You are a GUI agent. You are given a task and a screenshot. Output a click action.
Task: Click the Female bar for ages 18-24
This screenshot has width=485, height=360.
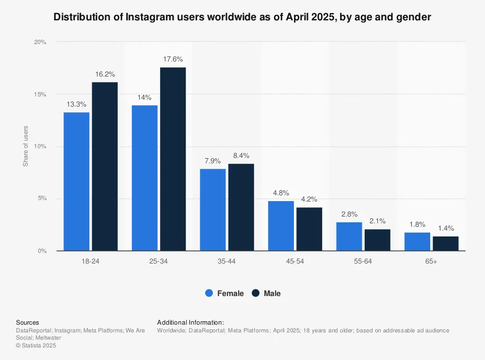click(77, 182)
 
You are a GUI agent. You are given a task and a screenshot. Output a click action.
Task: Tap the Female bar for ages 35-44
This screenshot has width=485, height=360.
click(213, 210)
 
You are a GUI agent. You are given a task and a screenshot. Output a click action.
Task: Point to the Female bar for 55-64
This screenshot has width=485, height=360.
click(349, 236)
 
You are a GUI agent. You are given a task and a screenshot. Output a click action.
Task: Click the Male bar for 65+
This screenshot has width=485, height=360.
click(445, 244)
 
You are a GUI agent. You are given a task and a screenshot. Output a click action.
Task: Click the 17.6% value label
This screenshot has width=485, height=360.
click(173, 60)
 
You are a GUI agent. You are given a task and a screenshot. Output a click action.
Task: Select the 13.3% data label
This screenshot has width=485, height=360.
click(77, 104)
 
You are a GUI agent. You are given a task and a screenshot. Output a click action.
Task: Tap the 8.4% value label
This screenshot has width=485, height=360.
click(241, 156)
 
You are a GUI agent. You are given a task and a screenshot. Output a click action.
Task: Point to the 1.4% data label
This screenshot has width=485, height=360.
click(445, 228)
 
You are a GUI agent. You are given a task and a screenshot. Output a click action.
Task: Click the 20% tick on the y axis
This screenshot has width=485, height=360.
click(40, 42)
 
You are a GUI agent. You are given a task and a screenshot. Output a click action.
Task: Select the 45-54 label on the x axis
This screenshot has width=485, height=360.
click(295, 261)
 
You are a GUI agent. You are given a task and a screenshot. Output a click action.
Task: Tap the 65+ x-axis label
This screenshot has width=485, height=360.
click(431, 261)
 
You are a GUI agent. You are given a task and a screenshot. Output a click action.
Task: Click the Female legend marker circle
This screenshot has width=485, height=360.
click(209, 293)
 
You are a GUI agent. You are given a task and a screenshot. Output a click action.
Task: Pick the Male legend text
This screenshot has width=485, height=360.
click(272, 293)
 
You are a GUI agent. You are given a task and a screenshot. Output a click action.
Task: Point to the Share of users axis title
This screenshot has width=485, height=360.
click(26, 146)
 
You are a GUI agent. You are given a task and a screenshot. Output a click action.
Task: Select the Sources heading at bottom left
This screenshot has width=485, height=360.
click(28, 322)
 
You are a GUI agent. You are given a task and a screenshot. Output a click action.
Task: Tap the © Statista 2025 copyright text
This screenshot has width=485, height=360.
click(36, 345)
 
